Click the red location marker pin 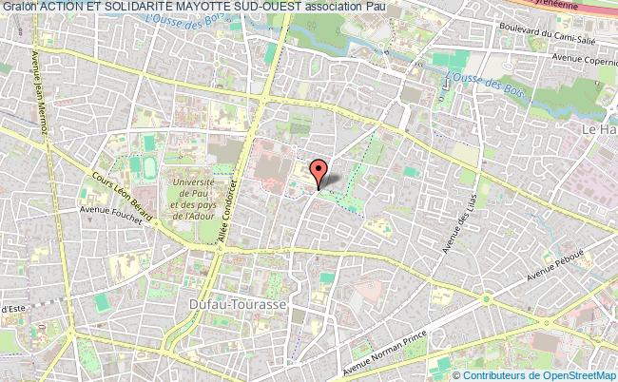[319, 171]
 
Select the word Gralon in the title [19, 9]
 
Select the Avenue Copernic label [581, 59]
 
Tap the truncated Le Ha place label [599, 125]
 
